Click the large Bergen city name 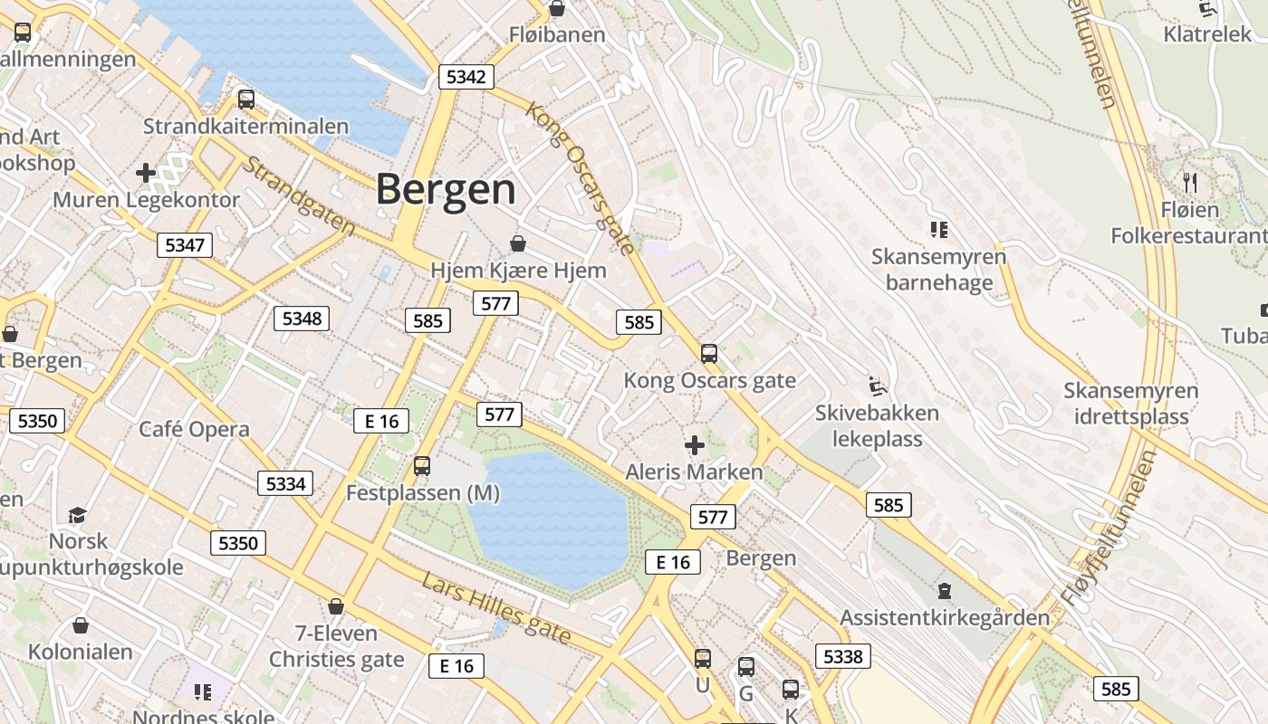click(446, 189)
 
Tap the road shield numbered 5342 click(466, 76)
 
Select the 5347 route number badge click(185, 244)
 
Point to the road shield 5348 click(302, 318)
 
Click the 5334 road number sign click(285, 483)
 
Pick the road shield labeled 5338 click(842, 655)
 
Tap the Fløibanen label click(556, 35)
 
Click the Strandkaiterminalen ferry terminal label click(245, 126)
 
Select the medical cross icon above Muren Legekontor click(146, 172)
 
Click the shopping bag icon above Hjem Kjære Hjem click(518, 243)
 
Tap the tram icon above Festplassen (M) click(422, 466)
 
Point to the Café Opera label click(194, 428)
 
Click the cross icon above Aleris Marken click(695, 444)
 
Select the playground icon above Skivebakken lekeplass click(876, 386)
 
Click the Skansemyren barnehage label click(938, 270)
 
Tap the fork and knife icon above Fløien click(1190, 182)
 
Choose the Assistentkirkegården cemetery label click(945, 617)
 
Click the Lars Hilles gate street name click(496, 609)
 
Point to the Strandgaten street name click(300, 197)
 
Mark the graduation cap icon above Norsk click(78, 515)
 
